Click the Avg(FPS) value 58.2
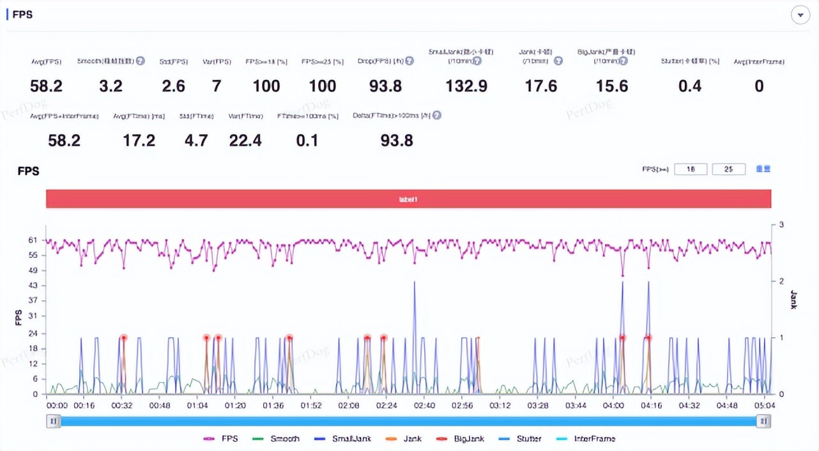(x=46, y=86)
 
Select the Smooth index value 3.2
(x=111, y=86)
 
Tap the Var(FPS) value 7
(x=217, y=86)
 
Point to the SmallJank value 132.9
(x=466, y=86)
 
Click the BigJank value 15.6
(x=611, y=86)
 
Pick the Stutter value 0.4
(x=690, y=86)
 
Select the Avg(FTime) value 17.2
(x=139, y=141)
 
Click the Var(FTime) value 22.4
(x=245, y=141)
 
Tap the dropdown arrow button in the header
(x=800, y=15)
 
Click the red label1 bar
(x=408, y=199)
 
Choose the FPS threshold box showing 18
(x=691, y=169)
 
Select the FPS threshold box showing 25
(x=728, y=169)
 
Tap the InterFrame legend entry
(x=588, y=439)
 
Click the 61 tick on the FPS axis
(x=33, y=240)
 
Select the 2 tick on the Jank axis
(x=781, y=281)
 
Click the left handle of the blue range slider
(x=54, y=421)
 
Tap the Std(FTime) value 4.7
(x=196, y=141)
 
